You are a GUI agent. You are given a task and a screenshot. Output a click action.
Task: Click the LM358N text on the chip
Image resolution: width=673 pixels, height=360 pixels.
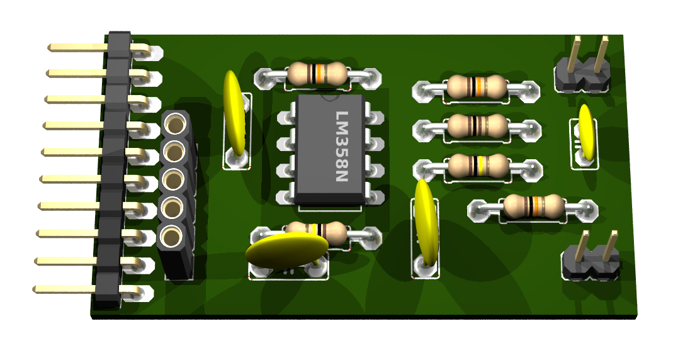tap(342, 146)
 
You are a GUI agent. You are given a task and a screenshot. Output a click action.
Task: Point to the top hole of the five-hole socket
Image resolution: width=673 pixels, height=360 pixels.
tap(175, 125)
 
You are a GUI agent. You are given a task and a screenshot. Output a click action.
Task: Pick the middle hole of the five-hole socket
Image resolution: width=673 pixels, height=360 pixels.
tap(174, 180)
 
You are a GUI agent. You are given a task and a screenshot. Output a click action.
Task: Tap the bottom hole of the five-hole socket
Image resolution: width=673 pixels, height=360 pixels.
tap(172, 237)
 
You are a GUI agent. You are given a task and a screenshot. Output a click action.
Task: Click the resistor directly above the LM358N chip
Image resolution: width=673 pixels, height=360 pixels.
tap(317, 74)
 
